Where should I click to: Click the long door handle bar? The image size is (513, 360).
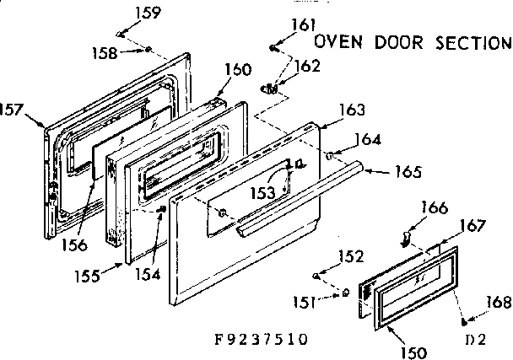click(x=304, y=199)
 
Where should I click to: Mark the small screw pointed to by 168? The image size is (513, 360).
click(x=464, y=321)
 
